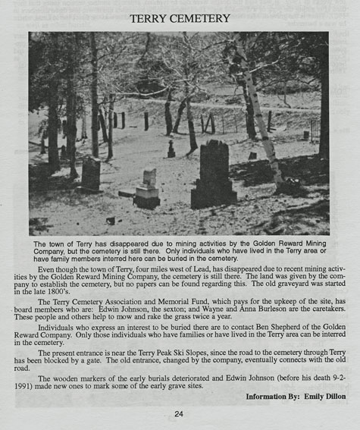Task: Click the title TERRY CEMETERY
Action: coord(180,17)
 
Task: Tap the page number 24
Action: coord(179,413)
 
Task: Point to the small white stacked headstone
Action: coord(148,187)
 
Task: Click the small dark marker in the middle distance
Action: coord(171,149)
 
